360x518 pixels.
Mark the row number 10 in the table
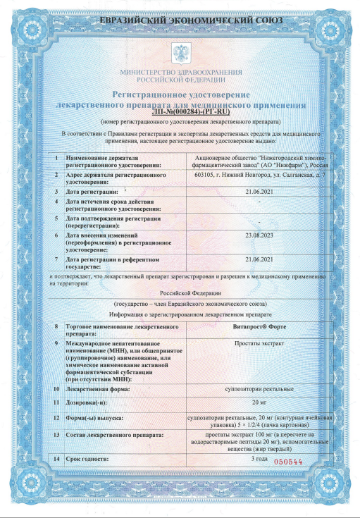click(x=56, y=388)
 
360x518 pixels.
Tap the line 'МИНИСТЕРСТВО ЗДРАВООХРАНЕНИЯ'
click(x=180, y=73)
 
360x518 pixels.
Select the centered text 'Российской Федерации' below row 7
click(x=180, y=291)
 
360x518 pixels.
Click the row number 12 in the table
click(x=56, y=417)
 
